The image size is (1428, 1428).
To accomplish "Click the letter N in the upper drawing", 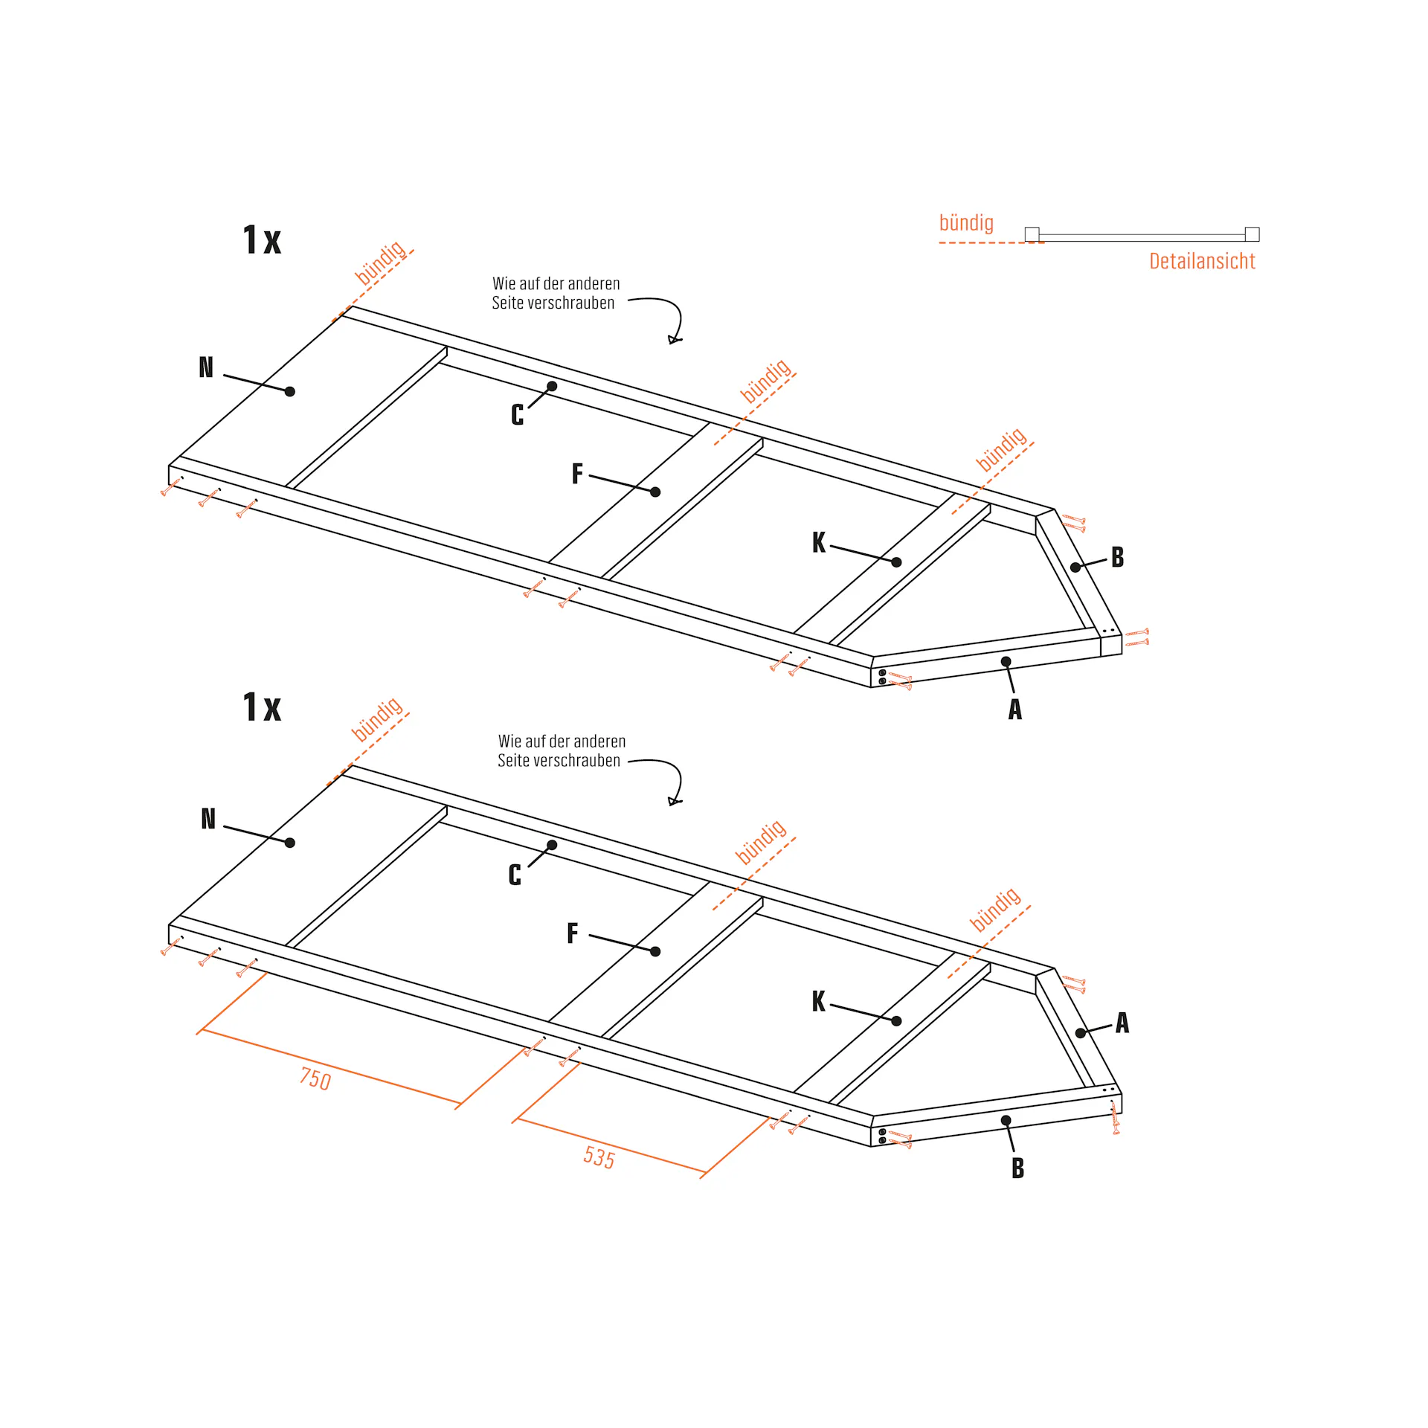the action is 206,367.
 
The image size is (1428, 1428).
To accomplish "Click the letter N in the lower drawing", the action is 208,819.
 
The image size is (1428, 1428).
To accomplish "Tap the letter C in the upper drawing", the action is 518,415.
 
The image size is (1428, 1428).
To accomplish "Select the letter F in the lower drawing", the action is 573,933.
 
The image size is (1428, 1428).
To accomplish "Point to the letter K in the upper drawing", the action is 819,542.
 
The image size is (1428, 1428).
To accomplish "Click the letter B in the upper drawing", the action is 1118,557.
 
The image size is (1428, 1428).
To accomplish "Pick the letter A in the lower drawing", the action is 1122,1023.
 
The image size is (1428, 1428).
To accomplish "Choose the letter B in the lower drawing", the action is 1018,1168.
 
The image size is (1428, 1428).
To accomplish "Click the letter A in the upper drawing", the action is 1015,710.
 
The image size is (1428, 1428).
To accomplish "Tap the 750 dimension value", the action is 315,1078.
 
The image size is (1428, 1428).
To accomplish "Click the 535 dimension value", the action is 599,1157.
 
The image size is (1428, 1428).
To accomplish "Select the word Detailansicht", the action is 1202,261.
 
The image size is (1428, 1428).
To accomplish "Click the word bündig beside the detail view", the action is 966,223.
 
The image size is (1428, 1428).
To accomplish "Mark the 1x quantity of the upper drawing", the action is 263,240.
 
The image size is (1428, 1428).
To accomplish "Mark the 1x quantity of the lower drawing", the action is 263,707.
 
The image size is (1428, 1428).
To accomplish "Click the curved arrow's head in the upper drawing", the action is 675,340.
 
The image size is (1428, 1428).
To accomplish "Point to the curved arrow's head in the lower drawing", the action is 675,801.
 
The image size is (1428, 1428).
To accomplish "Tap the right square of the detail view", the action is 1252,234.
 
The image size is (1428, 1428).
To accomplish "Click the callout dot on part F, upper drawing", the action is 655,492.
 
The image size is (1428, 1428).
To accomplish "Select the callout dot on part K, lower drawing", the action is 896,1021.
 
